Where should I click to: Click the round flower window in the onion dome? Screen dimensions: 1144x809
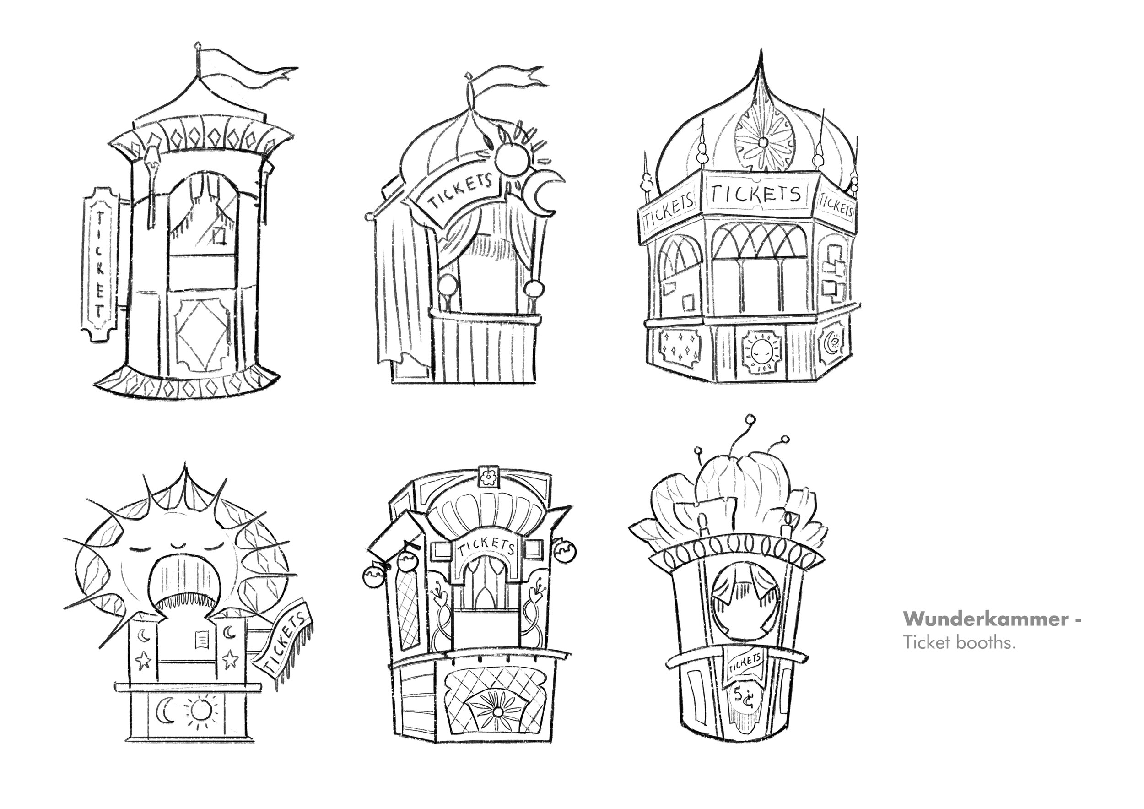[762, 142]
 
